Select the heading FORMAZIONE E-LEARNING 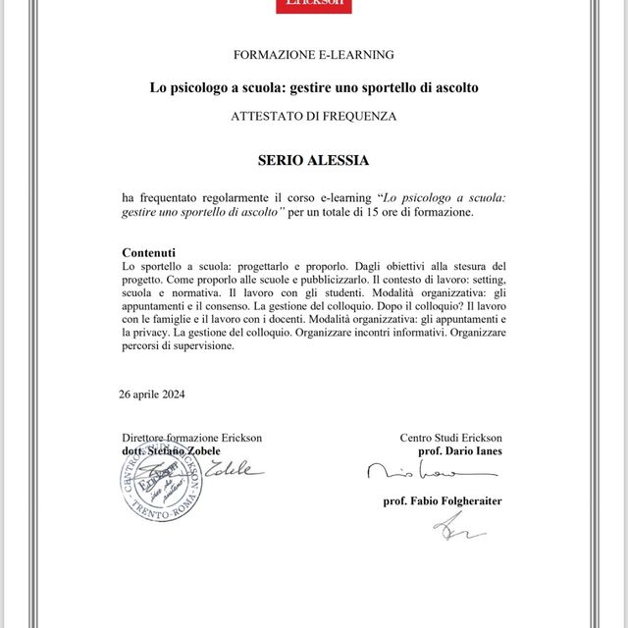point(313,54)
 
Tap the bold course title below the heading point(314,87)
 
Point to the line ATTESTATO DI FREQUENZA point(314,116)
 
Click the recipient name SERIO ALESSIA point(314,159)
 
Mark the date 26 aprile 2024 point(151,394)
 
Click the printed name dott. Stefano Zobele point(170,450)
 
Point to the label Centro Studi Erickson point(450,438)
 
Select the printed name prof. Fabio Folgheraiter point(443,500)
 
